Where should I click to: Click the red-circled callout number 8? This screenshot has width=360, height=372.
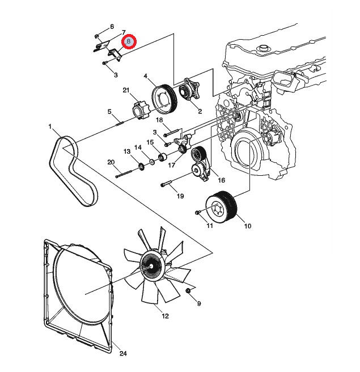[x=129, y=42]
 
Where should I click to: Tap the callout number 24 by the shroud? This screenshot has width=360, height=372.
[x=123, y=353]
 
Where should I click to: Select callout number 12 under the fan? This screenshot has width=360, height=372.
[x=165, y=316]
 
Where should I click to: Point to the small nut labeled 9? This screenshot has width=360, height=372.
[x=188, y=291]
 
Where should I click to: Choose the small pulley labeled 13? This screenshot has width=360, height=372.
[x=140, y=166]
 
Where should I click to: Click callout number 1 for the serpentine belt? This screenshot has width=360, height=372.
[x=50, y=126]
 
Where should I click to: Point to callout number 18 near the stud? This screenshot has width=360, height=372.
[x=159, y=120]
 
